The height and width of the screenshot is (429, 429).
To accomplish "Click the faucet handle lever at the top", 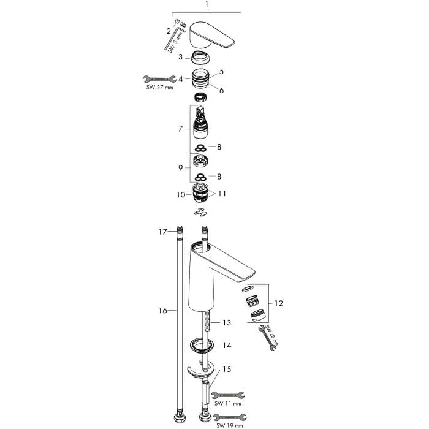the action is pyautogui.click(x=211, y=35).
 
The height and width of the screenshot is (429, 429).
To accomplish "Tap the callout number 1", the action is pyautogui.click(x=207, y=4).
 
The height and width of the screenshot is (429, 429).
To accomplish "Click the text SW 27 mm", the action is pyautogui.click(x=159, y=88).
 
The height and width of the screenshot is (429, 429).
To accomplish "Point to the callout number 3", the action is pyautogui.click(x=180, y=57).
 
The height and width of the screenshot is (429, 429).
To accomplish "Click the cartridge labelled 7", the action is pyautogui.click(x=200, y=123).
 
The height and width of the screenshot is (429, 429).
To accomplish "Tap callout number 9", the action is pyautogui.click(x=180, y=168).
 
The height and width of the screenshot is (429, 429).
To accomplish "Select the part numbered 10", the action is pyautogui.click(x=200, y=193).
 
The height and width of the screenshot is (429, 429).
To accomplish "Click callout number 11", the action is pyautogui.click(x=222, y=194).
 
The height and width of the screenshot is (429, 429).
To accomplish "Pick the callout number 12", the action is pyautogui.click(x=278, y=303).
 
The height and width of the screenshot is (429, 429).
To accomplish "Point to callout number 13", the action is pyautogui.click(x=227, y=323).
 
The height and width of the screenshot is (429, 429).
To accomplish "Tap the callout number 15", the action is pyautogui.click(x=227, y=370).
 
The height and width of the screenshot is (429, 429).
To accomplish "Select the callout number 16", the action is pyautogui.click(x=163, y=311).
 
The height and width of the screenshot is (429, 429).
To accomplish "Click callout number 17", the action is pyautogui.click(x=163, y=232).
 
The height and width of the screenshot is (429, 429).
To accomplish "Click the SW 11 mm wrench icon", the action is pyautogui.click(x=228, y=395).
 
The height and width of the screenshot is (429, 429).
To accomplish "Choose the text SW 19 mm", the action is pyautogui.click(x=229, y=426).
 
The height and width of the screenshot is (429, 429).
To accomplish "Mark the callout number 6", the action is pyautogui.click(x=221, y=90).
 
